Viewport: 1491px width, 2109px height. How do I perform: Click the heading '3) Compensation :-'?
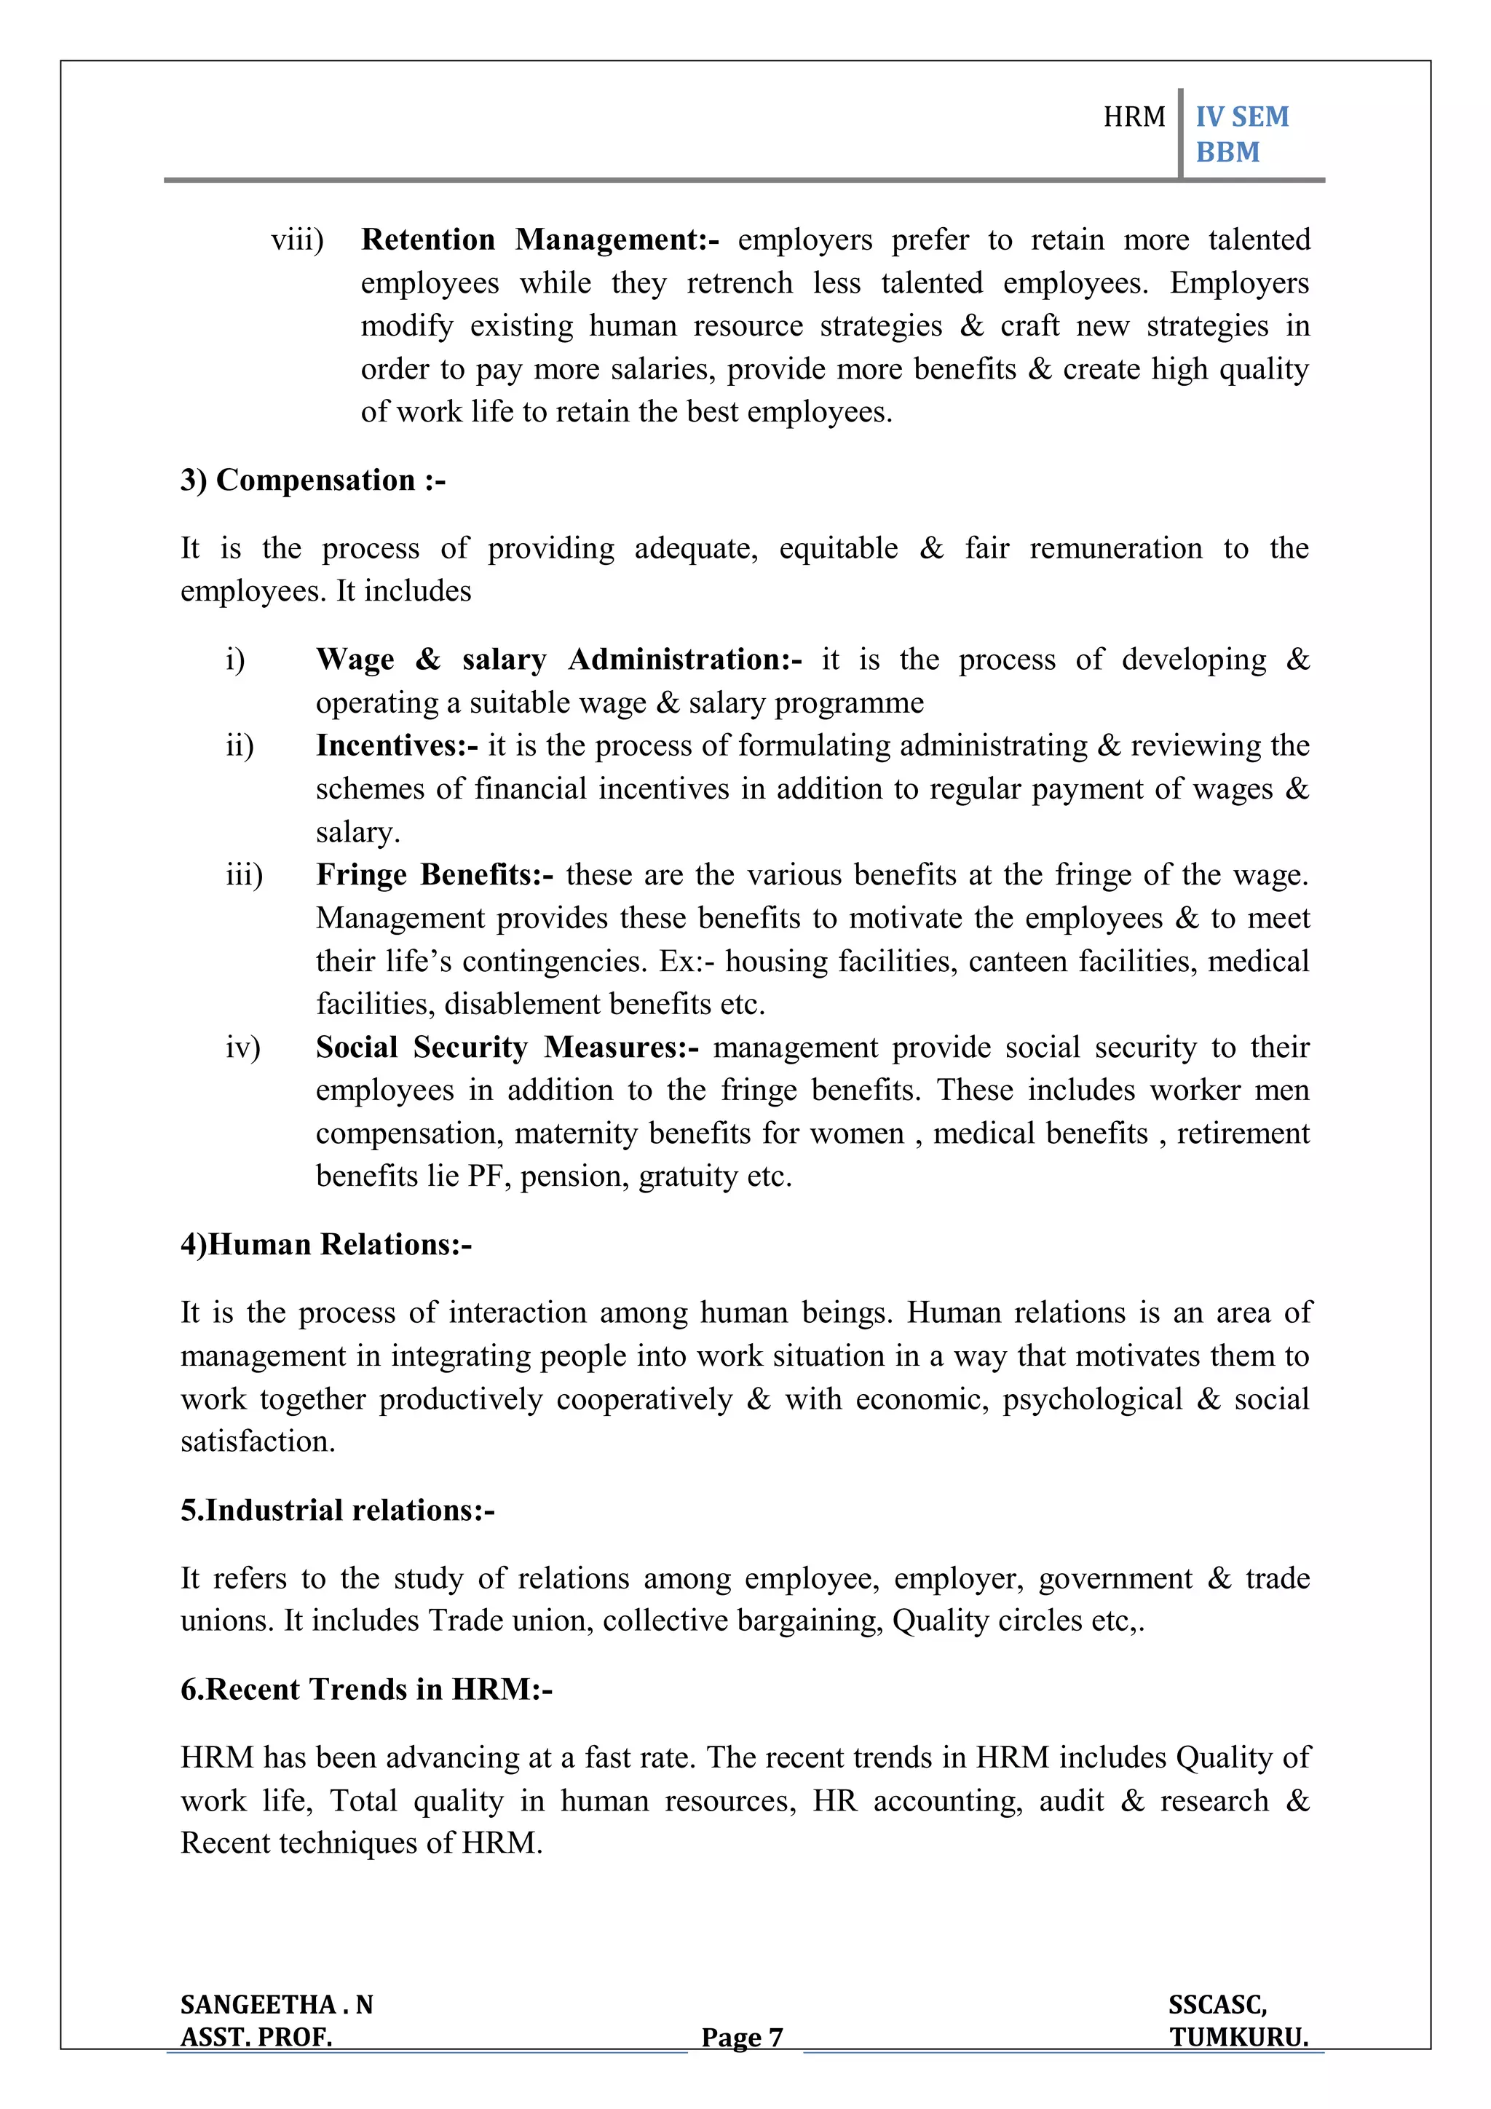point(312,480)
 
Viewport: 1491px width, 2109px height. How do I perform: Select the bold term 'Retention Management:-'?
point(539,240)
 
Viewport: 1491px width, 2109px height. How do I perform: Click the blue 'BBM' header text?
point(1227,152)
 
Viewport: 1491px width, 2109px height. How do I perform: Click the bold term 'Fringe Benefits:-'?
point(434,874)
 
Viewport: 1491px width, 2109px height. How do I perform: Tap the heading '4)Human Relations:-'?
point(326,1245)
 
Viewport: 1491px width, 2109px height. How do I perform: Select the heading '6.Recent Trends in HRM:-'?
point(366,1689)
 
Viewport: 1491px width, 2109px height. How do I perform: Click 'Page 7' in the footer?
point(741,2038)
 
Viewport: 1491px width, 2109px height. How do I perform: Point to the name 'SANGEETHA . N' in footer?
point(277,2004)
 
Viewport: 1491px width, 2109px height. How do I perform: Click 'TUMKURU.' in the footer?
point(1238,2038)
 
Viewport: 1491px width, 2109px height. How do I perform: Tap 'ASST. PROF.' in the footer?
point(256,2038)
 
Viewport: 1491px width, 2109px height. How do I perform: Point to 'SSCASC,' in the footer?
point(1217,2004)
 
